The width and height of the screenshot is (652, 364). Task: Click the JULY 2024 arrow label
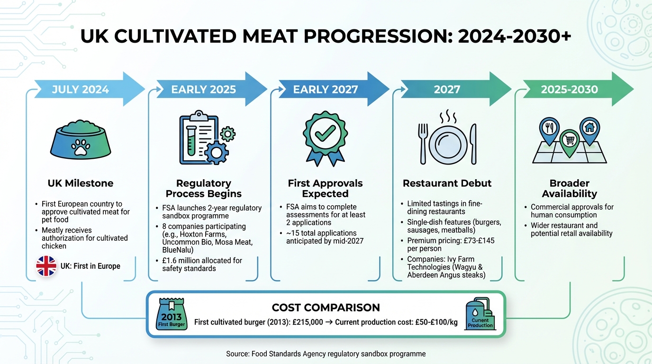(x=81, y=90)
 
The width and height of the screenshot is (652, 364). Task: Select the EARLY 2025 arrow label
(x=203, y=90)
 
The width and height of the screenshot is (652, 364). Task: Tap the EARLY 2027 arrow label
(x=326, y=90)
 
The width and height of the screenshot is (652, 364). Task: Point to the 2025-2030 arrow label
(x=569, y=90)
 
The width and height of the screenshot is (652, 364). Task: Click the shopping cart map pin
(x=569, y=140)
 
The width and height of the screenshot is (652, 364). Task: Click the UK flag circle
(x=46, y=266)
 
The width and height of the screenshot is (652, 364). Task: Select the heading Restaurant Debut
(x=447, y=183)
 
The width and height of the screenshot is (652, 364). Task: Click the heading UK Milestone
(x=81, y=183)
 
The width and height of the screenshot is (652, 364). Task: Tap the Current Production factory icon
(x=480, y=314)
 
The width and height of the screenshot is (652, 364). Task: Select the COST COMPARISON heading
(x=326, y=307)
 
